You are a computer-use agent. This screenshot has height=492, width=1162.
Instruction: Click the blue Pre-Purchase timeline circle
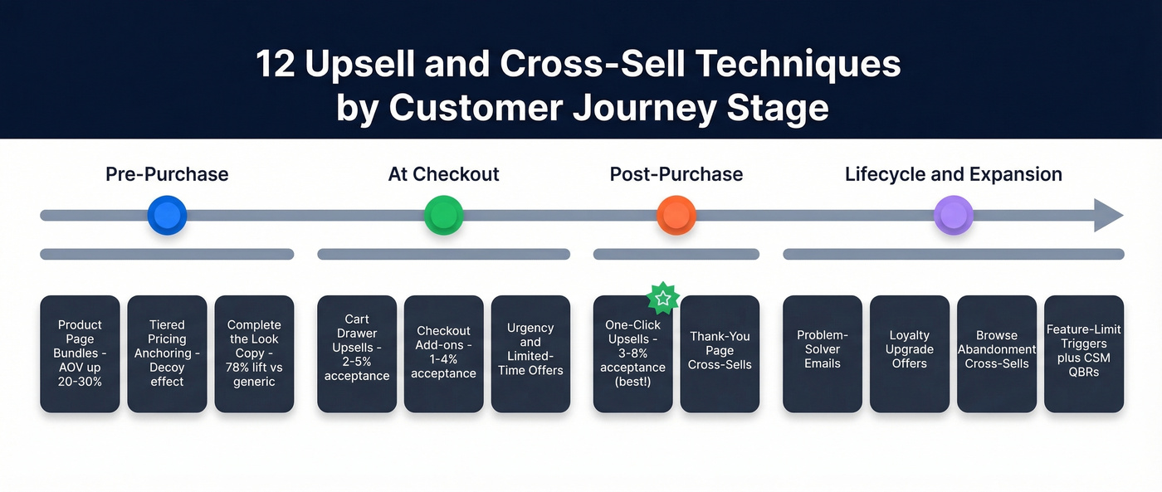(x=167, y=216)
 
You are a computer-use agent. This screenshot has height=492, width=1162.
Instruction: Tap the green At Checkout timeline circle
(x=443, y=216)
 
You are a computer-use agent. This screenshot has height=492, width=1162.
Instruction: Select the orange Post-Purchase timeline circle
(x=676, y=216)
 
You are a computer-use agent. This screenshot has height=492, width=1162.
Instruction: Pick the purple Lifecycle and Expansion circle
(x=953, y=216)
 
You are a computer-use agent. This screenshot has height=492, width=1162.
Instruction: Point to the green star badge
(x=662, y=297)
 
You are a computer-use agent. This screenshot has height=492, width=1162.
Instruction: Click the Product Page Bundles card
(x=81, y=354)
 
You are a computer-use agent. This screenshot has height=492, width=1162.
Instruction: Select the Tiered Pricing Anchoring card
(x=167, y=354)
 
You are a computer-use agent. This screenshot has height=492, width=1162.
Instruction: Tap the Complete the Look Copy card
(x=254, y=354)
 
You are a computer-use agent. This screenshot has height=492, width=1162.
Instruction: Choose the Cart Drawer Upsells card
(x=357, y=354)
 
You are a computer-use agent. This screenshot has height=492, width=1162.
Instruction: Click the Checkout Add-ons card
(x=443, y=354)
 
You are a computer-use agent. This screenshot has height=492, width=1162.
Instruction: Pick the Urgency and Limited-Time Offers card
(x=530, y=354)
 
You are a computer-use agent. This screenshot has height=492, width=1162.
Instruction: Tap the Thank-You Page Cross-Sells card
(x=720, y=354)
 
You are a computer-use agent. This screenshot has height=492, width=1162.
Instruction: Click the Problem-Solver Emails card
(x=823, y=354)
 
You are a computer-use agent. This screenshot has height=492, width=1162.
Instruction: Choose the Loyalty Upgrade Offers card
(x=909, y=354)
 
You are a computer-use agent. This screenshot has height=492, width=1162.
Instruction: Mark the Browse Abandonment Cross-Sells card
(x=997, y=354)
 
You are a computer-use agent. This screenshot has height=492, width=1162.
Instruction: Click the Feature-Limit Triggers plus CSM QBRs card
(x=1083, y=354)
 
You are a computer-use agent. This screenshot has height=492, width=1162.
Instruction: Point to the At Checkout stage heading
(x=443, y=174)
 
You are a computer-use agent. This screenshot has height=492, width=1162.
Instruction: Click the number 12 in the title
(x=276, y=65)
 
